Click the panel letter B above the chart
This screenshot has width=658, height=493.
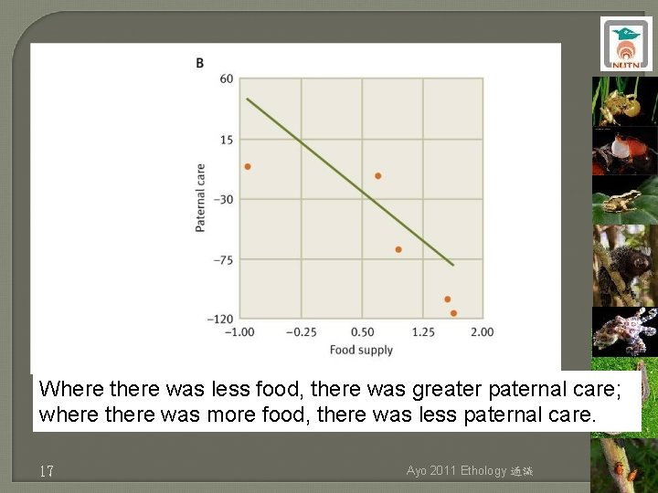click(199, 62)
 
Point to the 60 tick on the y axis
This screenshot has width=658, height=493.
click(227, 79)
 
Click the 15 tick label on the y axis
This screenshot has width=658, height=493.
click(227, 140)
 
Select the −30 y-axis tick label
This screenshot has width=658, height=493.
click(223, 200)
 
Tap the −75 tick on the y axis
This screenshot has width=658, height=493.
click(223, 260)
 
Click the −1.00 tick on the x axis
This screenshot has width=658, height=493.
click(241, 332)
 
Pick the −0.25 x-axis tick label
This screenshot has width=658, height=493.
click(302, 332)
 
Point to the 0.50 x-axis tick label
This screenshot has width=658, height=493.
click(363, 332)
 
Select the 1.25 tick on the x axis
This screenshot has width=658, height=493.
click(423, 332)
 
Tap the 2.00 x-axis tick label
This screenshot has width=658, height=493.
click(483, 332)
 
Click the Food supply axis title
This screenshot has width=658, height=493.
click(361, 350)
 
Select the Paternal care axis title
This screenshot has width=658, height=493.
click(200, 197)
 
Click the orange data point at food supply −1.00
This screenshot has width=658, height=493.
click(248, 166)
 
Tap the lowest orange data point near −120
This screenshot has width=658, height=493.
click(453, 313)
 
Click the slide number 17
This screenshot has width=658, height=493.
click(47, 471)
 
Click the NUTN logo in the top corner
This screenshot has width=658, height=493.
click(626, 44)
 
